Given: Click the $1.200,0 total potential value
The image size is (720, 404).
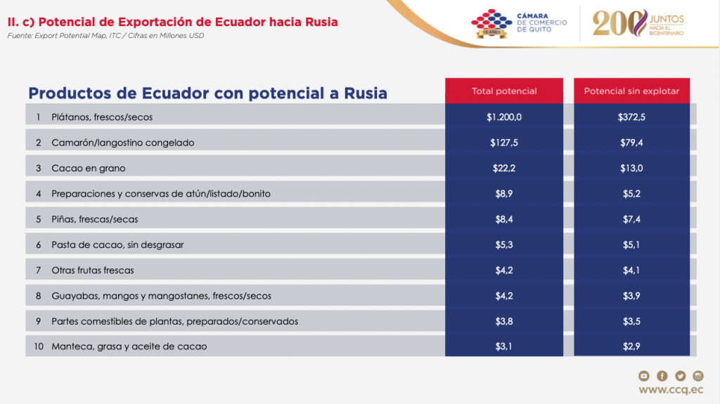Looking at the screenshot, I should [x=504, y=117].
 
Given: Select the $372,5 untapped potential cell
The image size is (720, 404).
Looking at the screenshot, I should [x=631, y=117].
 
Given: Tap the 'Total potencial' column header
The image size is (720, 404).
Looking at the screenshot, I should [x=504, y=91].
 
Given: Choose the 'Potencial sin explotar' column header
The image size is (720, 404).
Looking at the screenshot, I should [x=631, y=91].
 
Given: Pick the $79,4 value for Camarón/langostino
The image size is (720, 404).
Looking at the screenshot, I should [x=631, y=143].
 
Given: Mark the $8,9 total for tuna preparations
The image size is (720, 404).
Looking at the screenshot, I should [x=504, y=193].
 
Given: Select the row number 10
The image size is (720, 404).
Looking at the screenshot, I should [x=38, y=346].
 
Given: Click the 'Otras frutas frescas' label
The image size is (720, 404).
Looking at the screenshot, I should [x=92, y=270].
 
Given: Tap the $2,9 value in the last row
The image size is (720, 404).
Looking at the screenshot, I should [x=631, y=346].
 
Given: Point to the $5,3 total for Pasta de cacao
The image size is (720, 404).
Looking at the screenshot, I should [x=504, y=245].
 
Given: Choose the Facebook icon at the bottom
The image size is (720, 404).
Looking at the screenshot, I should [x=662, y=376].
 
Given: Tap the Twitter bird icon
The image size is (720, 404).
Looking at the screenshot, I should [x=680, y=376].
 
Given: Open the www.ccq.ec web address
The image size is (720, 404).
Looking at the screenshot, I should [x=671, y=390].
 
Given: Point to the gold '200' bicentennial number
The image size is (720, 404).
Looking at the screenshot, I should [x=617, y=23].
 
